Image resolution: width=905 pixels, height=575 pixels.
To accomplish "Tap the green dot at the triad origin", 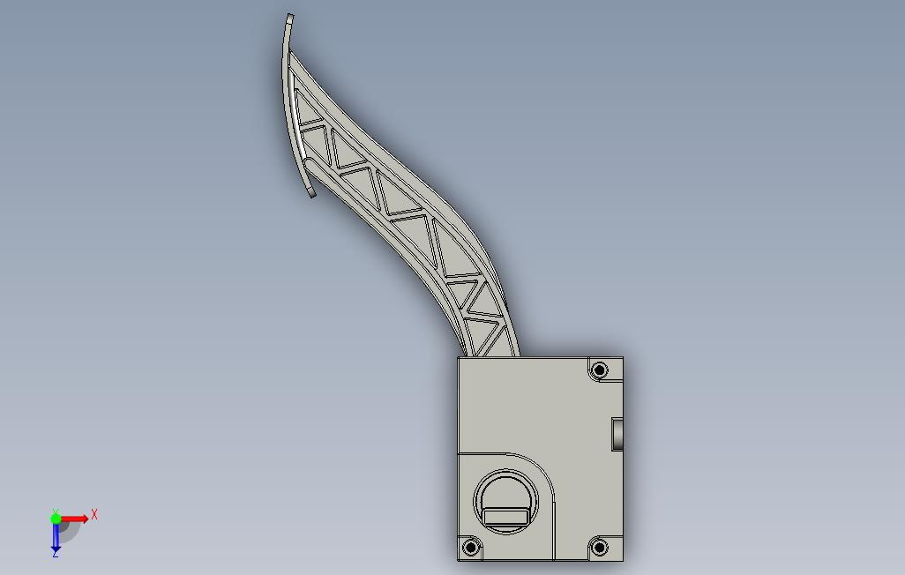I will (56, 519).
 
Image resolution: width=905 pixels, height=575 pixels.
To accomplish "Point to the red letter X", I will (94, 514).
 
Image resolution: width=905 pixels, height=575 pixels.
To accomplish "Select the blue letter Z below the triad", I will (56, 554).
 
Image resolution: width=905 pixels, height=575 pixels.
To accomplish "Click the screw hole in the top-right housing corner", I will (600, 369).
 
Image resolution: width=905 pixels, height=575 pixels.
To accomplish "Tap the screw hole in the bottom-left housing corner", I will (471, 548).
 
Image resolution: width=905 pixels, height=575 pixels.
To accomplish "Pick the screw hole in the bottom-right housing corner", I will (600, 548).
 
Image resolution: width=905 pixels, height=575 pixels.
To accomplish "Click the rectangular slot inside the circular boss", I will (508, 517).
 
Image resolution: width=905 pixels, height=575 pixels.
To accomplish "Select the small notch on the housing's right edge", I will (617, 433).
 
